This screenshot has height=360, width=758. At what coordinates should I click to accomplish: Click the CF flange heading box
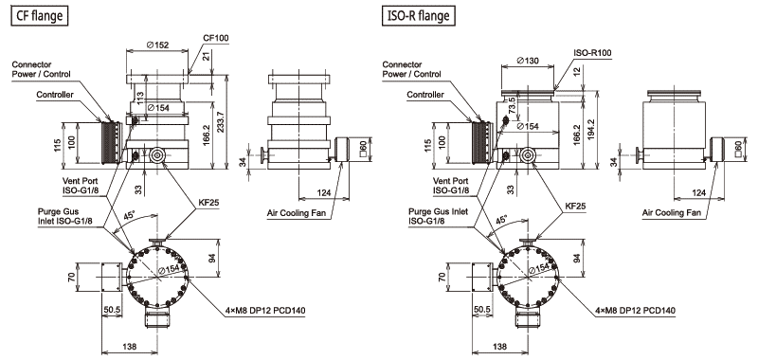click(x=39, y=16)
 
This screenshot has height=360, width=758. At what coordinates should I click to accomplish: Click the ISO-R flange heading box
click(x=419, y=16)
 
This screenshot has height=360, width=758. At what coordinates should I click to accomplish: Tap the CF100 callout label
click(x=216, y=38)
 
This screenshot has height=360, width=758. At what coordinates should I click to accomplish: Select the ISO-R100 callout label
click(x=593, y=52)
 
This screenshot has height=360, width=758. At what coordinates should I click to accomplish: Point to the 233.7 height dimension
click(x=221, y=123)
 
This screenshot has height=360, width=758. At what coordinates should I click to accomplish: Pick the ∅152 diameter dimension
click(x=157, y=45)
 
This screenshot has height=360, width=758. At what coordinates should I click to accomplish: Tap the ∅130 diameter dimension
click(x=528, y=61)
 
